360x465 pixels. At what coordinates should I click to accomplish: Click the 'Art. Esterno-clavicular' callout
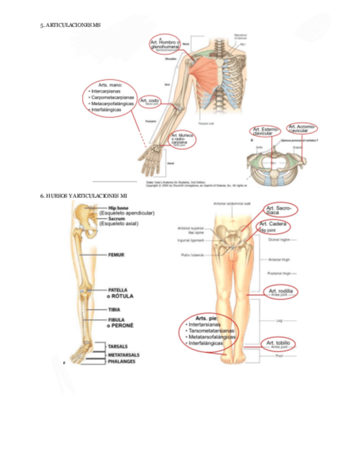[265, 131]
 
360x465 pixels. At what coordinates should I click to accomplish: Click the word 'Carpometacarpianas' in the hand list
[114, 97]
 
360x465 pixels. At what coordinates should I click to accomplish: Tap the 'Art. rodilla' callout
[280, 291]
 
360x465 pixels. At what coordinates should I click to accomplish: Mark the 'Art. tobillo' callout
[279, 344]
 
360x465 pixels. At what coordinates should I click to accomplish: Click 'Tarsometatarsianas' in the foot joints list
[211, 331]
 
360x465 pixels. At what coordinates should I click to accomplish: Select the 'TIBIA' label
[115, 309]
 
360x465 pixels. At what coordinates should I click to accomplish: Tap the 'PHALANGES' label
[122, 362]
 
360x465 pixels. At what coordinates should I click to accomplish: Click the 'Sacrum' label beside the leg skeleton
[117, 218]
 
